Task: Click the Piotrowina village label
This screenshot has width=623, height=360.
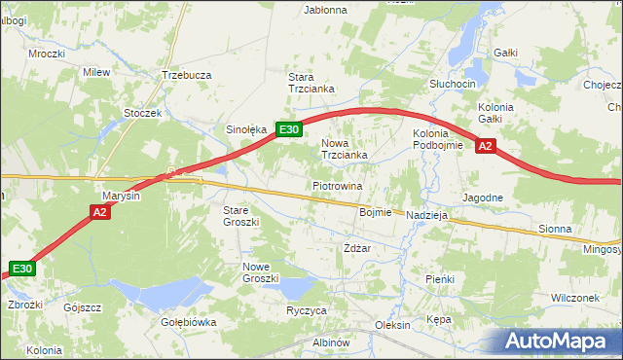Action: pyautogui.click(x=338, y=185)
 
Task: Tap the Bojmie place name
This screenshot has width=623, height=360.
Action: pyautogui.click(x=375, y=212)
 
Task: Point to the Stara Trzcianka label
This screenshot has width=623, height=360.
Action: pyautogui.click(x=311, y=83)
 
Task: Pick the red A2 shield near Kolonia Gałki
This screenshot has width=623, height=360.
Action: pyautogui.click(x=487, y=147)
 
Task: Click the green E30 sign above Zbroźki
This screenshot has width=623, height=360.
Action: pyautogui.click(x=23, y=269)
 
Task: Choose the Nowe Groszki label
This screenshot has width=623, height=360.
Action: pyautogui.click(x=263, y=272)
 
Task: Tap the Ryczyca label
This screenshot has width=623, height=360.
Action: pyautogui.click(x=307, y=310)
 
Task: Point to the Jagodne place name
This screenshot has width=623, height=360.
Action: pyautogui.click(x=483, y=198)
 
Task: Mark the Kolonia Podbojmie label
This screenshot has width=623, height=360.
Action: pyautogui.click(x=430, y=139)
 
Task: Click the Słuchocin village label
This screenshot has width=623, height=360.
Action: pyautogui.click(x=453, y=85)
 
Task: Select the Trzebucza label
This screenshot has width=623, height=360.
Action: pyautogui.click(x=187, y=75)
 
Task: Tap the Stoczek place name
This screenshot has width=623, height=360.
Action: pyautogui.click(x=142, y=113)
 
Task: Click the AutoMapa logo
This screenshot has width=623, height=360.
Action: pyautogui.click(x=558, y=342)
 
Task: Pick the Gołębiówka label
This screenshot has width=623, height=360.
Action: pyautogui.click(x=188, y=322)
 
